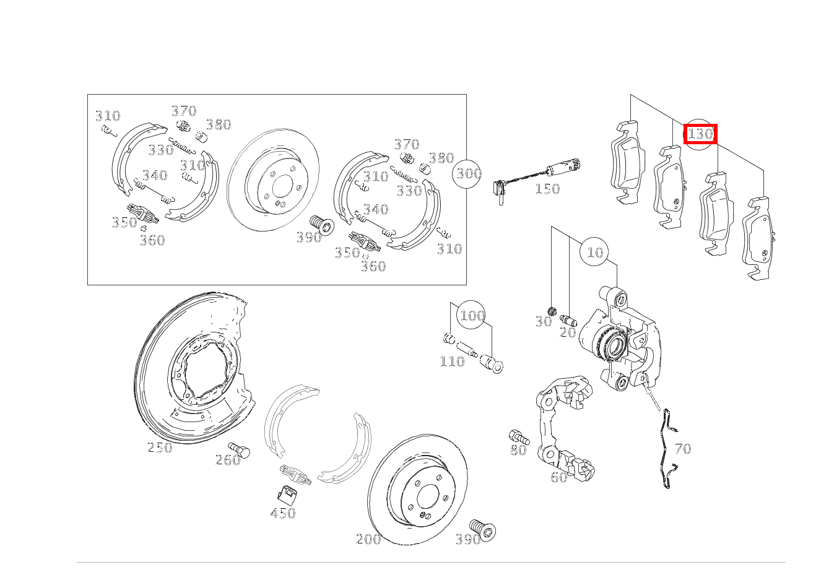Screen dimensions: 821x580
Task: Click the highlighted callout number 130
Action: [700, 134]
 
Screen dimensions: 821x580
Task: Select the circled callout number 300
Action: [467, 174]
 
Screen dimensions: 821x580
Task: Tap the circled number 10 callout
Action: [594, 252]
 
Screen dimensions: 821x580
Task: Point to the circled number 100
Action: [472, 315]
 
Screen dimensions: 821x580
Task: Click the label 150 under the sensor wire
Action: [547, 189]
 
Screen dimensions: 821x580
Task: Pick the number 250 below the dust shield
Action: [160, 448]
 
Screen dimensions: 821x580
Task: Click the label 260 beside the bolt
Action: [228, 460]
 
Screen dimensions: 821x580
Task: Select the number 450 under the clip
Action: [282, 513]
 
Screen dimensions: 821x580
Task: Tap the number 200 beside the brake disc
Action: [368, 539]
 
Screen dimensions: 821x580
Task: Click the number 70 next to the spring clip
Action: [683, 449]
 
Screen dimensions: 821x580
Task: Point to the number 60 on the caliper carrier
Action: [559, 477]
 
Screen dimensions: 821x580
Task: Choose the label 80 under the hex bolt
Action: [519, 450]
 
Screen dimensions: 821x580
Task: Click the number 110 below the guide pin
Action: [452, 361]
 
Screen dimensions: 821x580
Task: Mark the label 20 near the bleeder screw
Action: [568, 332]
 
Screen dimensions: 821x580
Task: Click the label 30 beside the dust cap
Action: [544, 322]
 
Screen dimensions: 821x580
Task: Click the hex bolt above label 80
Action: [519, 436]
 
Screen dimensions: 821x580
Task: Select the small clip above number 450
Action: [287, 495]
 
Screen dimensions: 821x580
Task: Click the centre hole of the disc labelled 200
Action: [427, 496]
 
